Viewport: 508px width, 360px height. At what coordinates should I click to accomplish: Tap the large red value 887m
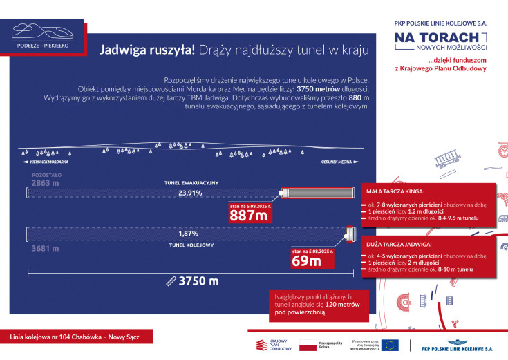(x=250, y=215)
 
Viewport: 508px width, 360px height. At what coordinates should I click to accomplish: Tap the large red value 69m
(x=307, y=260)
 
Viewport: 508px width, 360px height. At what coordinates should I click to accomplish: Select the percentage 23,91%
(x=190, y=193)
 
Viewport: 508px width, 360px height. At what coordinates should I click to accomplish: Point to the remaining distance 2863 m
(x=45, y=184)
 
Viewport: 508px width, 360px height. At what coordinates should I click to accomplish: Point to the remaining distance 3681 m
(x=44, y=248)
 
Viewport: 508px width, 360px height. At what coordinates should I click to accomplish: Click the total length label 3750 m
(x=198, y=281)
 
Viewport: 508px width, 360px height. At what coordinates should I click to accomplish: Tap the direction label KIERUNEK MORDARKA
(x=42, y=162)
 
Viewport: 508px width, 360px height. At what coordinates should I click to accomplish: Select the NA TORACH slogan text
(x=437, y=38)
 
